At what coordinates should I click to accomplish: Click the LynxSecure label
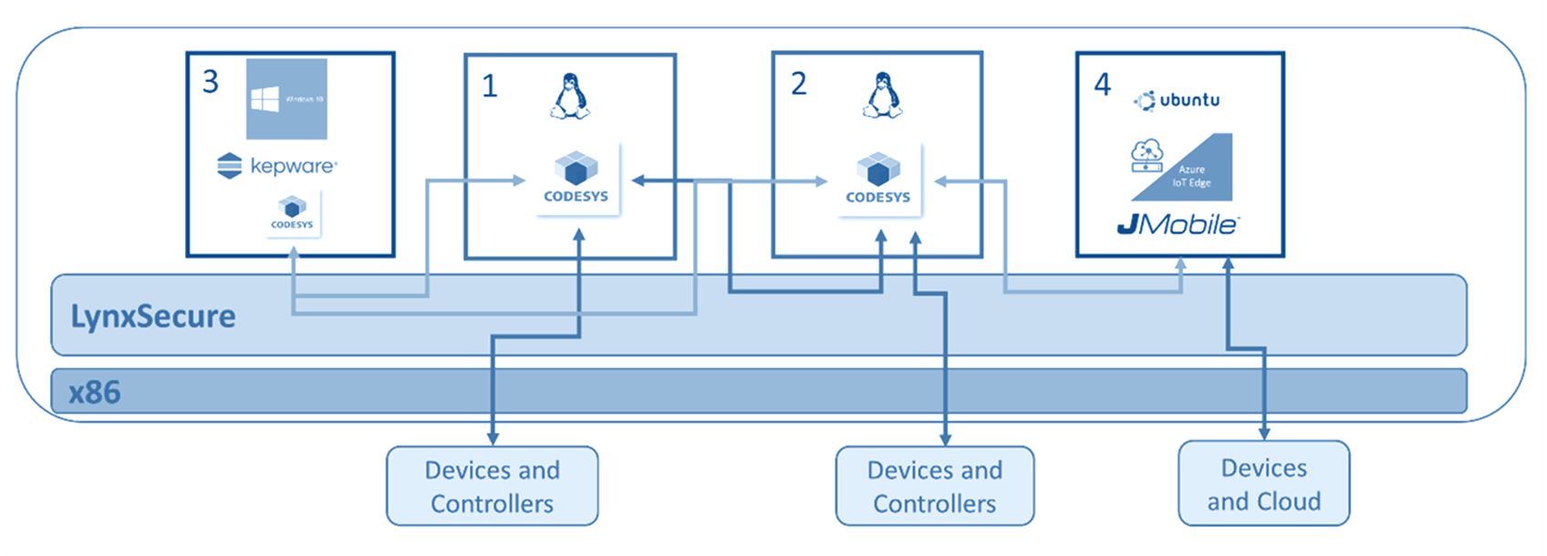[x=153, y=316]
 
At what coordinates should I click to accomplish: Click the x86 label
[x=95, y=392]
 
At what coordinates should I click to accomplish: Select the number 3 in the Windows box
[x=211, y=82]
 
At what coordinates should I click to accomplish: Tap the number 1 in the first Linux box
[x=490, y=87]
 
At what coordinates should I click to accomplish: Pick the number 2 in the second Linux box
[x=799, y=84]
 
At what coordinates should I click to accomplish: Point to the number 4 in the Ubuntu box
[x=1103, y=85]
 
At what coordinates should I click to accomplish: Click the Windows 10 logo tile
[x=287, y=99]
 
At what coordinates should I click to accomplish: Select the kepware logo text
[x=293, y=166]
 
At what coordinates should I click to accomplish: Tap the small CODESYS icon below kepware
[x=292, y=213]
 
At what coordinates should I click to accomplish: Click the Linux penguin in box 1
[x=570, y=97]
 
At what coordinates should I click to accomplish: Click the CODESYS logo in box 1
[x=576, y=179]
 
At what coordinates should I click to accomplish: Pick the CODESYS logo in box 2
[x=878, y=180]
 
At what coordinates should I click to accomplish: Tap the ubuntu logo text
[x=1178, y=100]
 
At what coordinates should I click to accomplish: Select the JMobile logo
[x=1178, y=224]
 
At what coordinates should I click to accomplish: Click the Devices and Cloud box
[x=1263, y=484]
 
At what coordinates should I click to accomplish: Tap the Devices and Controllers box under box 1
[x=493, y=486]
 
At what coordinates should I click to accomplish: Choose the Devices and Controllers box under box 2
[x=935, y=486]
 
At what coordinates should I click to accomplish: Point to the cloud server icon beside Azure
[x=1147, y=156]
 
